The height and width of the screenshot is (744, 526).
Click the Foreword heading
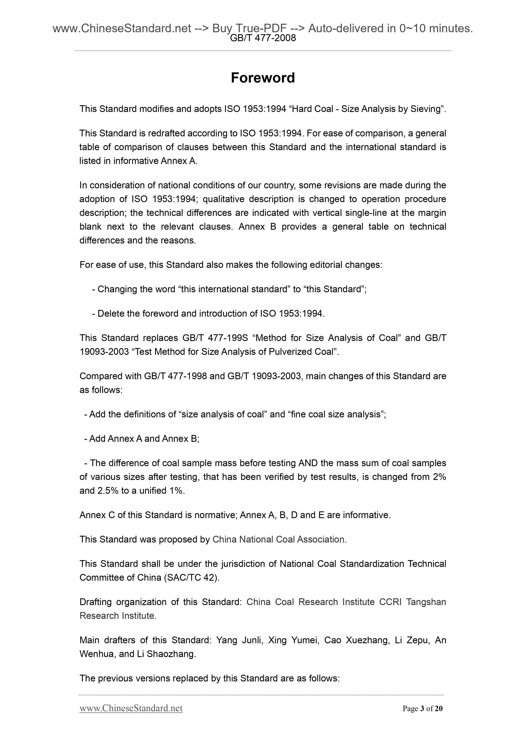pos(262,78)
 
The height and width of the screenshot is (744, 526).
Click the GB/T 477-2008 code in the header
pos(262,38)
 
